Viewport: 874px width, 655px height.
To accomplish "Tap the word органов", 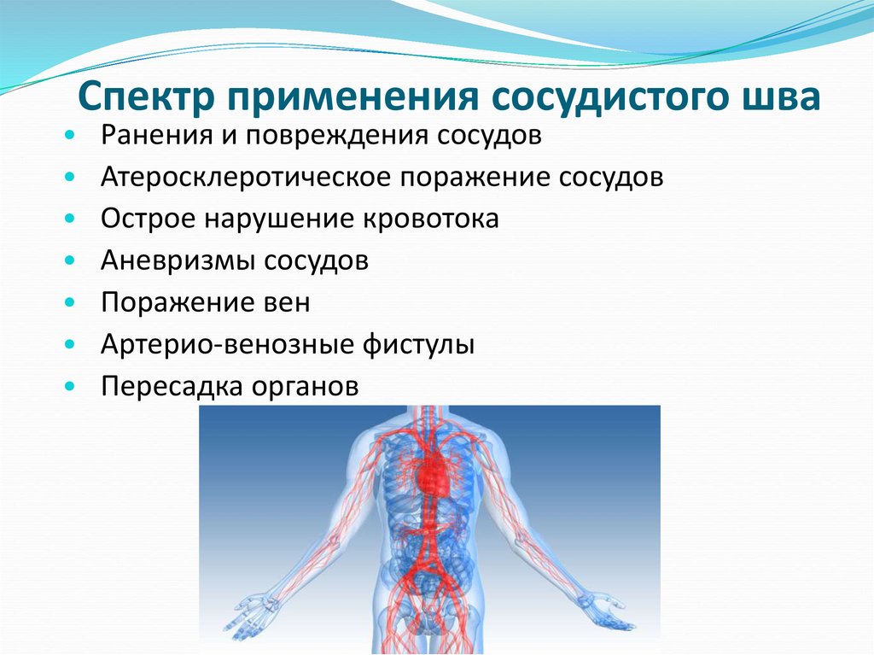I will point(303,387).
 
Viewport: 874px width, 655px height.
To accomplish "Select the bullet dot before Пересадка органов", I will point(70,388).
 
